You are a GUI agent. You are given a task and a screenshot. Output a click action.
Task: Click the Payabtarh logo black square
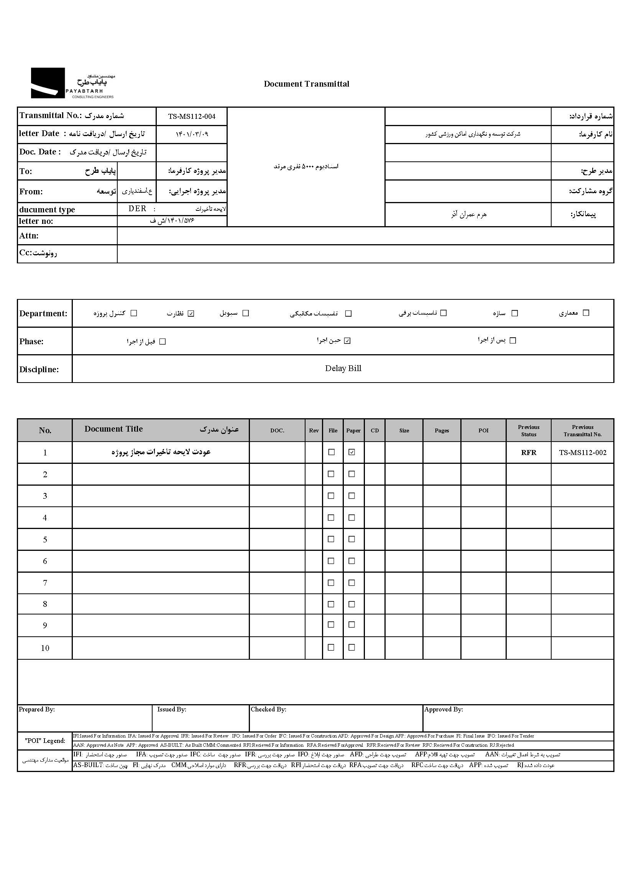48,83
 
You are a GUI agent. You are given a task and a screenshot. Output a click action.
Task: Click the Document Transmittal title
307,84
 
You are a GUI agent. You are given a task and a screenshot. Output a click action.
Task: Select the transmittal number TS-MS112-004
192,116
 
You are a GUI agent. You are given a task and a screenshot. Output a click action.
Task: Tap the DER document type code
138,209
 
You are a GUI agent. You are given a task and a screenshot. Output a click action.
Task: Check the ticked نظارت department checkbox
191,314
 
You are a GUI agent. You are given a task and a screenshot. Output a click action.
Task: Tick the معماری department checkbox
586,313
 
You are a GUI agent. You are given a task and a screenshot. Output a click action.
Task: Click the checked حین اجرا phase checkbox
347,341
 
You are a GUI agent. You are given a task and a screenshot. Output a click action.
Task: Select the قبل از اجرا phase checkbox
163,342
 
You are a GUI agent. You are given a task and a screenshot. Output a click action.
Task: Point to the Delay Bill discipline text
343,368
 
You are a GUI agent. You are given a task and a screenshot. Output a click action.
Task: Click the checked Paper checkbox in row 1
352,452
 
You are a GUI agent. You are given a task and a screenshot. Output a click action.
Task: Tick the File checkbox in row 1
332,452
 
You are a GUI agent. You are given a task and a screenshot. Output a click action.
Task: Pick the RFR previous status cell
529,453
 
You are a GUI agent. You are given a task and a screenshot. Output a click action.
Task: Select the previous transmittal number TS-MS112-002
583,453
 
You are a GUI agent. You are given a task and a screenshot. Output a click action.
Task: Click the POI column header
483,430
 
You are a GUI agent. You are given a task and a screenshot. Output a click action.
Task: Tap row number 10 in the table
45,649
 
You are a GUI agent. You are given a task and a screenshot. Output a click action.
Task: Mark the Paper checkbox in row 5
352,539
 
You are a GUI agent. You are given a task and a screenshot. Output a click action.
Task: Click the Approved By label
443,709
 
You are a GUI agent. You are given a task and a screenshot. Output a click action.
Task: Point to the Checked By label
269,709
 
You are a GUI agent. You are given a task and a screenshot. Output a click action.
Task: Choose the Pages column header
442,430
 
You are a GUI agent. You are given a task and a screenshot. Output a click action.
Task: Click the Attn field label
29,236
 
